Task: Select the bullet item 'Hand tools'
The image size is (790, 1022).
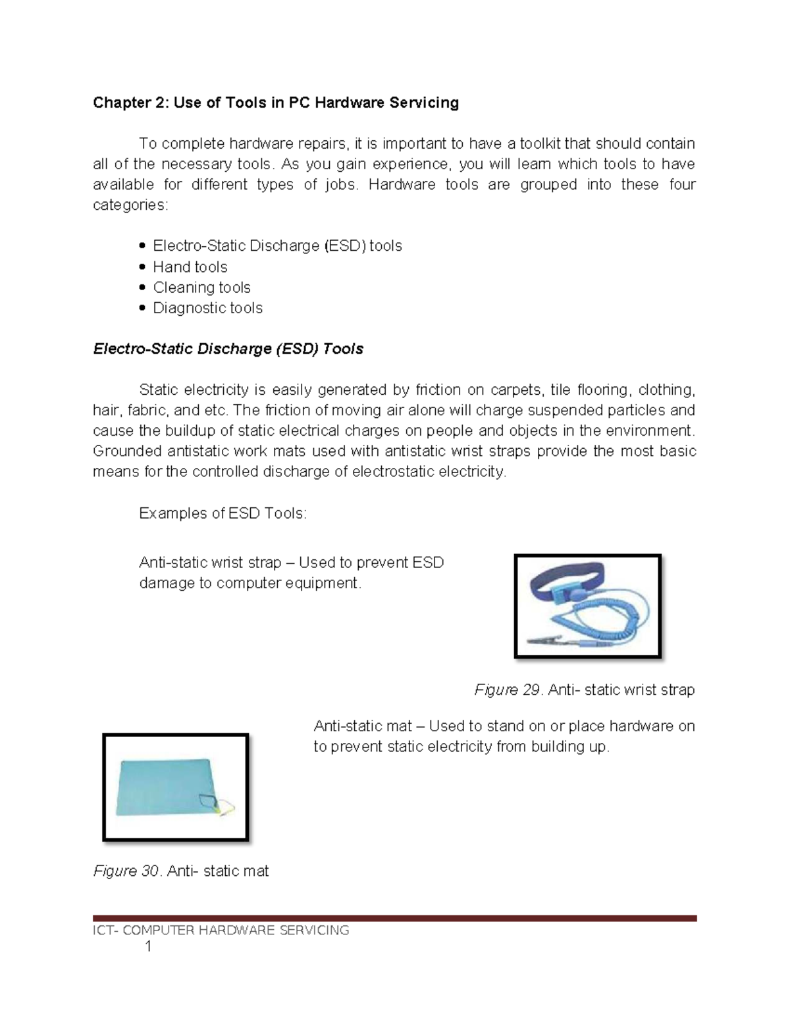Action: (190, 267)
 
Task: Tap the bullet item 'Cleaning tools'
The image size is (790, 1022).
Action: (201, 288)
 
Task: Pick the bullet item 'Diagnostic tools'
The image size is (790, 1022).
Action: (207, 308)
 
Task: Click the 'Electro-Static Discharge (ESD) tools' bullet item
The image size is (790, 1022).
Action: (277, 246)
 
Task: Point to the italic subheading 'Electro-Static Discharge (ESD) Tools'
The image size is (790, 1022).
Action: (228, 349)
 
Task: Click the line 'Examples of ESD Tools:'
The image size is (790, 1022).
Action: (223, 513)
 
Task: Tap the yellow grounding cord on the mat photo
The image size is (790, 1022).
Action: (227, 805)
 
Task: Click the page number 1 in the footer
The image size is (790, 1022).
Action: (148, 947)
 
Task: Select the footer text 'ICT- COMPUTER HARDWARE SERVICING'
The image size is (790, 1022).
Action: (221, 930)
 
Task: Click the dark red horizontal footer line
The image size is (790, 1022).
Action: (394, 918)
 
